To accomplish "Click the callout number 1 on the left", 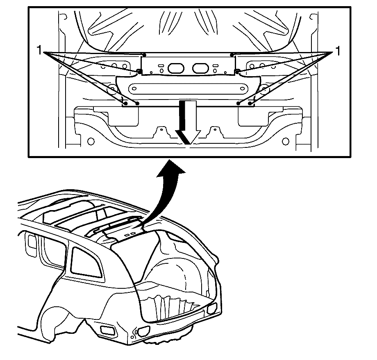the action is coord(39,51).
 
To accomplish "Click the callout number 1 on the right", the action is coord(338,51).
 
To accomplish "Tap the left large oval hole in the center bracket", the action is coord(176,68).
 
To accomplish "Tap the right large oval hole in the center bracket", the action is coord(201,68).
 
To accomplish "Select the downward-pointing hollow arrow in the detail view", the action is coord(188,122).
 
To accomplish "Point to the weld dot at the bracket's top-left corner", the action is coord(144,55).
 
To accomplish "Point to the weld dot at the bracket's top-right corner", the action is coord(232,55).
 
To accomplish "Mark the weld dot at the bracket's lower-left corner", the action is coord(139,71).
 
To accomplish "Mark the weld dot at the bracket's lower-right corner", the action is coord(237,71).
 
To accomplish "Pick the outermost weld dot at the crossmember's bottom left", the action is coord(125,103).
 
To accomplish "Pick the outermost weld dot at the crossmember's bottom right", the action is coord(250,103).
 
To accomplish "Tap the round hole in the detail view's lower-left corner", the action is coord(91,142).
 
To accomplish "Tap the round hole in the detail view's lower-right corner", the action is coord(285,142).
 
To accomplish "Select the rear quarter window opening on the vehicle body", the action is coord(86,263).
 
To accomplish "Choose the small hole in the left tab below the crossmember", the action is coord(161,129).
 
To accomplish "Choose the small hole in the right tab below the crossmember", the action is coord(215,129).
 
